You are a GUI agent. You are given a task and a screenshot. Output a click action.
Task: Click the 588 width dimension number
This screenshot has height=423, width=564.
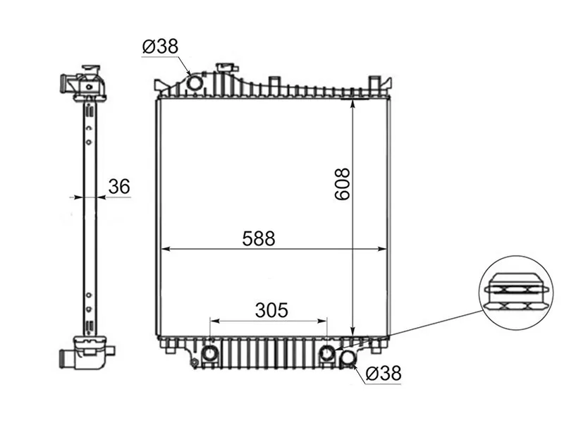(x=259, y=238)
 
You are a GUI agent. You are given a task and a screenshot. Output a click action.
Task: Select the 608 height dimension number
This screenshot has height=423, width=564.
(x=342, y=184)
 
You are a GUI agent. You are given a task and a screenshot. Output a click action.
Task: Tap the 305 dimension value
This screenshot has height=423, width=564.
(x=271, y=310)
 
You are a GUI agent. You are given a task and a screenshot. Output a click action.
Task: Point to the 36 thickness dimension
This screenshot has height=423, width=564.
(x=119, y=187)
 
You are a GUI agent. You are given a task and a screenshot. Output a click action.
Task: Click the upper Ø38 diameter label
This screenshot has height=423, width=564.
(x=160, y=47)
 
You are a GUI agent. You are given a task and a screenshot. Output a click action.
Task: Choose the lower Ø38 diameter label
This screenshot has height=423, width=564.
(x=383, y=374)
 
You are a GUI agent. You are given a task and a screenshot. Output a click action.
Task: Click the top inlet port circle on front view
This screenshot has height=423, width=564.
(x=195, y=83)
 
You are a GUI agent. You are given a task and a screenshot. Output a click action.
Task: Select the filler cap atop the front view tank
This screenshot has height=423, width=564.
(x=226, y=68)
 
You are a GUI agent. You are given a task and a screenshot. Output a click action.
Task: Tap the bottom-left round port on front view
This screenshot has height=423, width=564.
(x=209, y=354)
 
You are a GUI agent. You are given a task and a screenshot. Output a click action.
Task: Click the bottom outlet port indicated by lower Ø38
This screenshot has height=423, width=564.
(x=348, y=357)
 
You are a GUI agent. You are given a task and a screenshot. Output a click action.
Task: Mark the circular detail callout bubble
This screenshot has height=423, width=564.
(x=516, y=293)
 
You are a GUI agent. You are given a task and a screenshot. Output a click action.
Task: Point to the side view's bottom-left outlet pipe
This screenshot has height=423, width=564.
(x=66, y=358)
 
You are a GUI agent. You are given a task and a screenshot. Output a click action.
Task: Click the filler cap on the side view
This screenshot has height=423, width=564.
(x=92, y=68)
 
